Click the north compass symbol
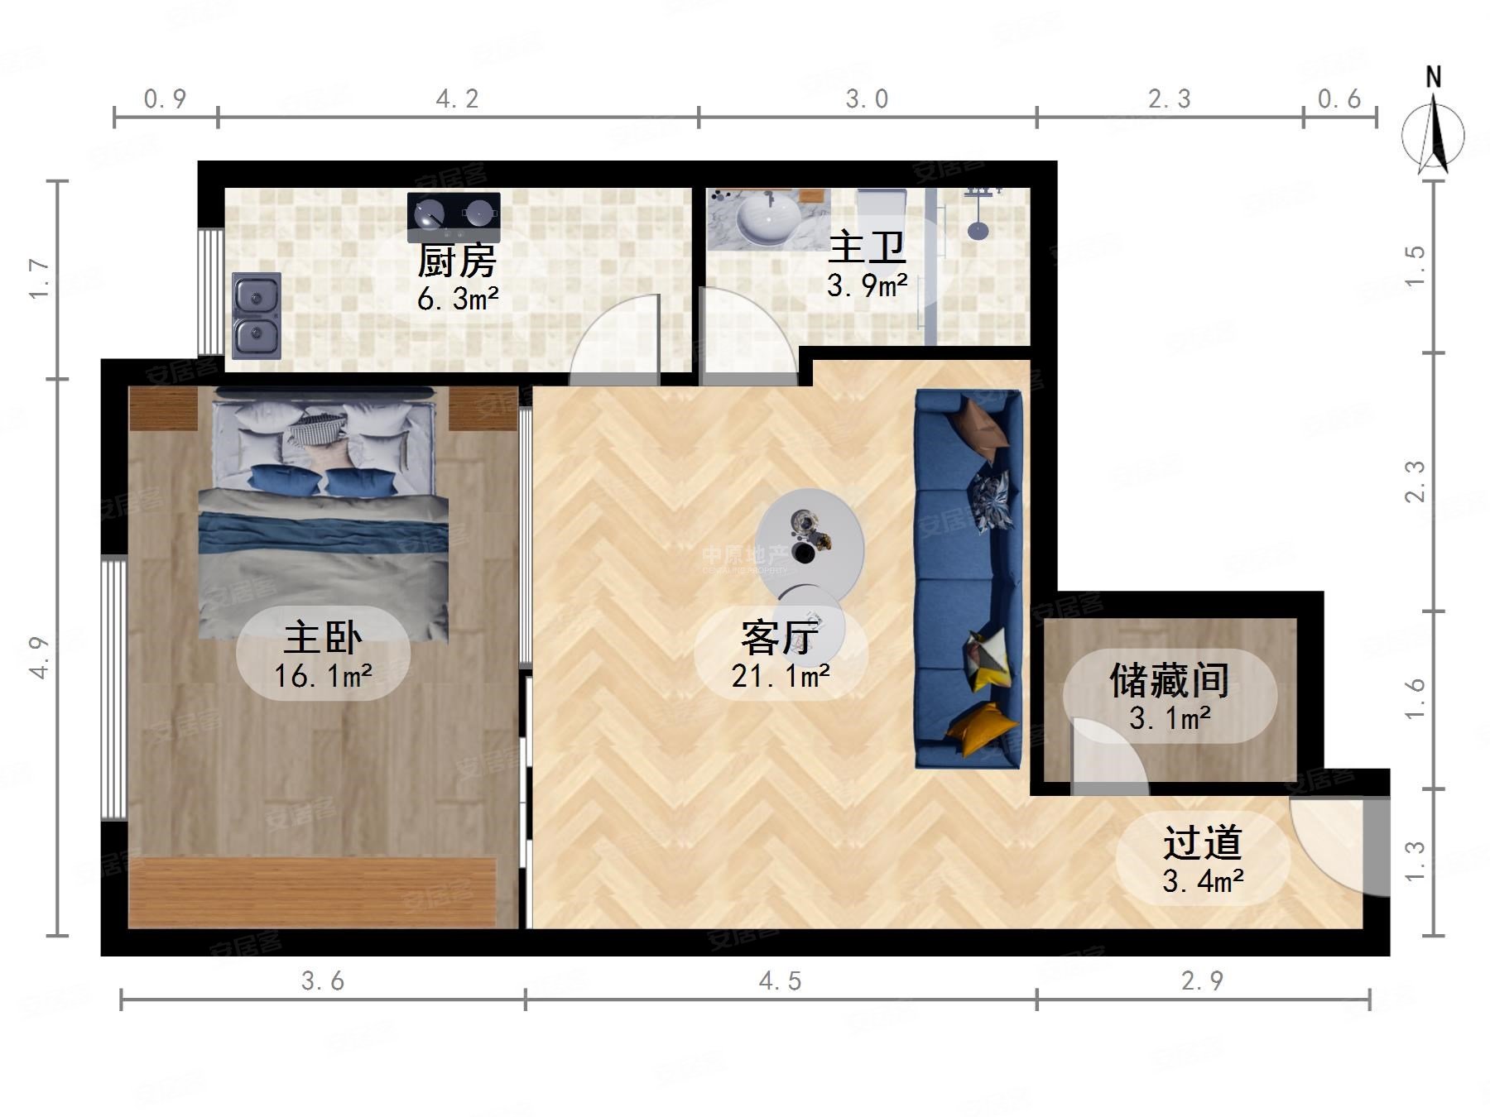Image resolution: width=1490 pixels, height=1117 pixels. tap(1434, 132)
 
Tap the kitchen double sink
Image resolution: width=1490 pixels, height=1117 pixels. tap(257, 315)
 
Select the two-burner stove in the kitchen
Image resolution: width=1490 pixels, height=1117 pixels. tap(454, 216)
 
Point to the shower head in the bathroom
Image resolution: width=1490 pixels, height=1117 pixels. tap(978, 229)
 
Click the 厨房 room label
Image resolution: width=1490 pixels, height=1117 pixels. tap(456, 261)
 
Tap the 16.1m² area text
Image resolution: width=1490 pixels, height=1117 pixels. tap(323, 677)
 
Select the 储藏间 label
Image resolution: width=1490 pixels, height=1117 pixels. tap(1169, 680)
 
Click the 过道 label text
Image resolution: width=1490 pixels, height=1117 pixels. tap(1202, 842)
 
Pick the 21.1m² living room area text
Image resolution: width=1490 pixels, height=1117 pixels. tap(781, 677)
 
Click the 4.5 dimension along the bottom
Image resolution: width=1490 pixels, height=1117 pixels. tap(781, 981)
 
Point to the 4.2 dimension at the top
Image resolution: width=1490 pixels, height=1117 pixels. tap(458, 99)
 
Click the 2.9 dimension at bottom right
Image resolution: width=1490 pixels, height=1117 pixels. tap(1202, 981)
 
